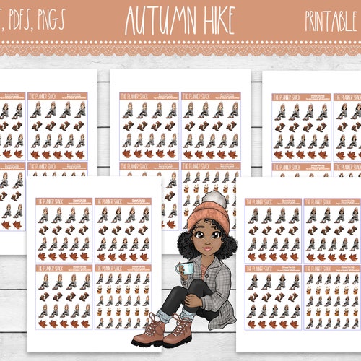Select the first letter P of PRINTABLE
point(308,20)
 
